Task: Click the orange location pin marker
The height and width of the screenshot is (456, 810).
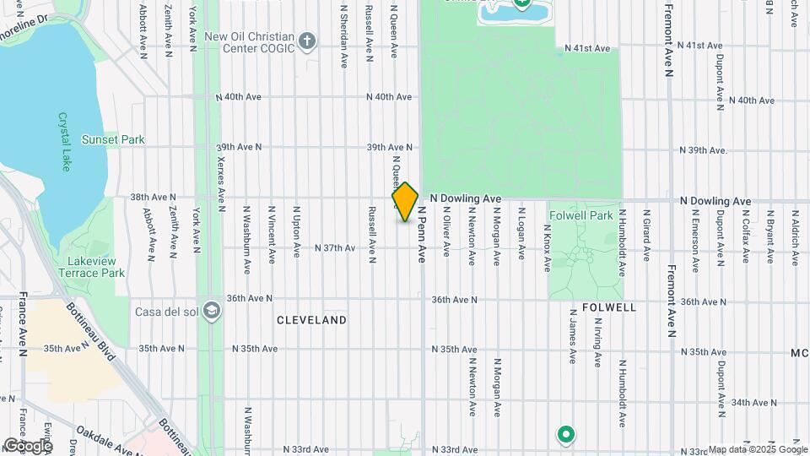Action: (405, 202)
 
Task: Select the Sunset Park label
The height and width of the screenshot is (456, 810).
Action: (113, 139)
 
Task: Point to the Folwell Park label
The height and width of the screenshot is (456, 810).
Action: (580, 215)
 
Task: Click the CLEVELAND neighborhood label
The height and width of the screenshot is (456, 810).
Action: (312, 321)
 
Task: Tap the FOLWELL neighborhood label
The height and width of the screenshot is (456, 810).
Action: (609, 308)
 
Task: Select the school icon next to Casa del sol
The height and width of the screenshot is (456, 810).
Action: (212, 311)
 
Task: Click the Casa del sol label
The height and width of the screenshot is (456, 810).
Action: (168, 311)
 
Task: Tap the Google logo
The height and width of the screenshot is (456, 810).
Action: (28, 445)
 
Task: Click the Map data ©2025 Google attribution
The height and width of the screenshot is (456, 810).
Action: (756, 449)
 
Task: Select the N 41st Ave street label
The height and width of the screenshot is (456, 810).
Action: (587, 48)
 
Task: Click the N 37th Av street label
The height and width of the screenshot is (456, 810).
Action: (335, 248)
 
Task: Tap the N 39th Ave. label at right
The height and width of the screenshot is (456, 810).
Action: (704, 150)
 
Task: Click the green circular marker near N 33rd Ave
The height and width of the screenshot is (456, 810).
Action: (566, 435)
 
